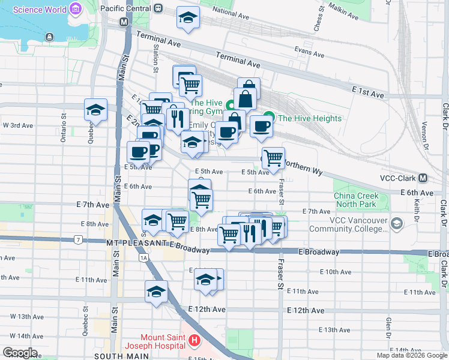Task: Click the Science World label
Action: [x=40, y=10]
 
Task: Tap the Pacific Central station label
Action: [x=126, y=9]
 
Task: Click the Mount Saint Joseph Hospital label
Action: [x=154, y=341]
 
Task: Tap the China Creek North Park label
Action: [x=356, y=200]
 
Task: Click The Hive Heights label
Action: [x=310, y=118]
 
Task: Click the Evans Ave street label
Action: [x=310, y=53]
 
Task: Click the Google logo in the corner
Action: [x=20, y=352]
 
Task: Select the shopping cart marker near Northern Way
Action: [x=273, y=158]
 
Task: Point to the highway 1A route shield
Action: [x=143, y=257]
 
